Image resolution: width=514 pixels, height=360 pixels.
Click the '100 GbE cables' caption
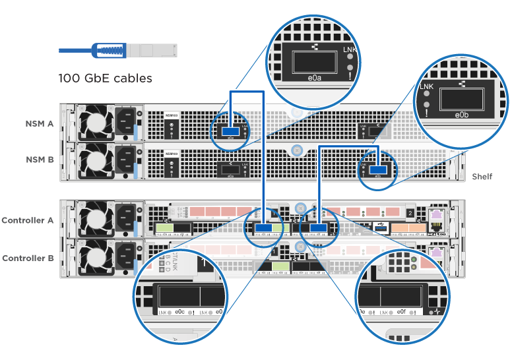[105, 78]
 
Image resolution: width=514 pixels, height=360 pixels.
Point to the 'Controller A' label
[28, 220]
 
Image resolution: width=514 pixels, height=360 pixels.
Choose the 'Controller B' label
[28, 258]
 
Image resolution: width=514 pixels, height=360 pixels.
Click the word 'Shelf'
[482, 177]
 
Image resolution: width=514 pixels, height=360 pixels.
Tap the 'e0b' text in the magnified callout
[462, 115]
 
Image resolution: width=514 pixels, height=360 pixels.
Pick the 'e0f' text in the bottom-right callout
[401, 312]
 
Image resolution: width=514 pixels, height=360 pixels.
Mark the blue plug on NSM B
[378, 169]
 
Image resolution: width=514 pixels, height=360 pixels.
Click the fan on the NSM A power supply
[92, 123]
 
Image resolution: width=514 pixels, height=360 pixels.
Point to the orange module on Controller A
[408, 229]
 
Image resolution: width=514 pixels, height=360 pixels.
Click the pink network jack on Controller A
[435, 216]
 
